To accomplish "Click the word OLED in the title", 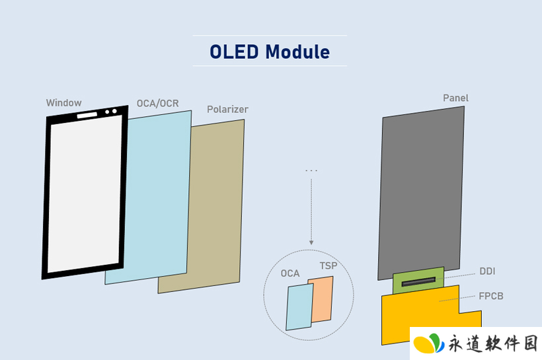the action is point(234,52).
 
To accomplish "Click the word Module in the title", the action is point(297,52).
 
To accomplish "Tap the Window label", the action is point(64,103).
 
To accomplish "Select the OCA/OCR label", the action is point(157,103).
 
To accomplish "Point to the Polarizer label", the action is point(227,110).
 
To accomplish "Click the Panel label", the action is point(455,98).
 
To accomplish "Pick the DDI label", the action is point(487,271).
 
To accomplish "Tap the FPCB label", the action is point(491,296).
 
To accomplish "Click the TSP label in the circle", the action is point(329,266).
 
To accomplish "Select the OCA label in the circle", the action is point(290,273).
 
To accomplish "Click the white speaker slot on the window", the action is point(87,115).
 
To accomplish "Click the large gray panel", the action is point(421,194).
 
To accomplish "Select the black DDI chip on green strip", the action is point(418,282).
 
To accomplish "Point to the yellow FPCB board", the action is point(420,311).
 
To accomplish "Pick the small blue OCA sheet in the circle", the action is point(299,306).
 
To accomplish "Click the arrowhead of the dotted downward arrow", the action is point(311,242).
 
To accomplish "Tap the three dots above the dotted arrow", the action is point(311,170).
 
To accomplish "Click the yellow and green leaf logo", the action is point(429,343).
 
